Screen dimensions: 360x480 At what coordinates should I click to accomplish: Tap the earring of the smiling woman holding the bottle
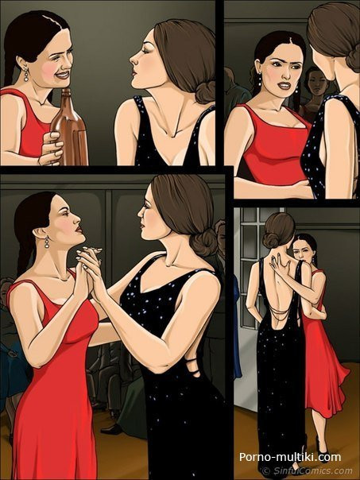point(26,75)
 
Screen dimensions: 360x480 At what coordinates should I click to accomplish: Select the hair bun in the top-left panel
point(205,92)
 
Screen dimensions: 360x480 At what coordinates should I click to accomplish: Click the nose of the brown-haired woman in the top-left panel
point(133,59)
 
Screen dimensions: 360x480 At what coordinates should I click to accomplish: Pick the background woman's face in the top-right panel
point(316,82)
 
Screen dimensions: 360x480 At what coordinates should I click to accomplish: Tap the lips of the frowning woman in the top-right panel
point(284,85)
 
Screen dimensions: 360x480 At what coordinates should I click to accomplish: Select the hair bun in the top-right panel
point(353,58)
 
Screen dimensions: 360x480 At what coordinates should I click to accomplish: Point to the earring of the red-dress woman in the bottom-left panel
point(47,242)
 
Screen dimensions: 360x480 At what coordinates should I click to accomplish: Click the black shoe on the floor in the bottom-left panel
point(112,428)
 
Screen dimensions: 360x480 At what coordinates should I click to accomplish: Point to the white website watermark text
point(290,457)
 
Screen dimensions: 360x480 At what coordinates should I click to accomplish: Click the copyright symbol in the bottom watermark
point(267,470)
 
